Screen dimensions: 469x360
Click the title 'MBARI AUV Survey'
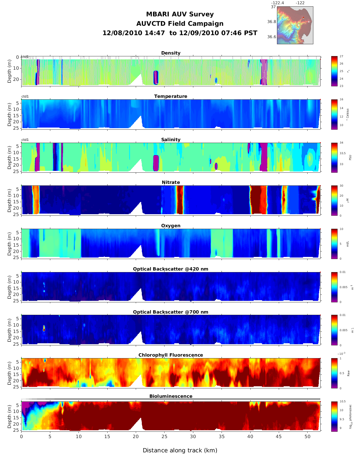point(180,14)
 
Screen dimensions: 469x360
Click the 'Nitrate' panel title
point(171,182)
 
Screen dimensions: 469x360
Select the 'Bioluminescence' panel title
point(171,396)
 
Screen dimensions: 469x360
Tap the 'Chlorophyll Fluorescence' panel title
point(171,355)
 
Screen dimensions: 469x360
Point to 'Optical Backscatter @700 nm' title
point(171,312)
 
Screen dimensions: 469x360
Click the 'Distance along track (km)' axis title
point(180,450)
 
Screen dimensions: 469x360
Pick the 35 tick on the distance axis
point(222,437)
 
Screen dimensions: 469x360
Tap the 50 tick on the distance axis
point(307,437)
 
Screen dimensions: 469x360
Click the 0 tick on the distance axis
point(21,437)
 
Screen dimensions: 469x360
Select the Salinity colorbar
point(334,158)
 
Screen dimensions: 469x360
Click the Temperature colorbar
point(334,114)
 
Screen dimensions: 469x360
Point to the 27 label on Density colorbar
point(341,56)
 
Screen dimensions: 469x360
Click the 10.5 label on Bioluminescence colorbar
point(342,401)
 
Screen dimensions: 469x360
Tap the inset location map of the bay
point(295,25)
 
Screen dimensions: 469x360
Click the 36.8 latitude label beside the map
point(272,22)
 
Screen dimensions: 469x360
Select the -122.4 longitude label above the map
point(277,3)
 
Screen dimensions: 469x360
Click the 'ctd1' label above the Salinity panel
point(25,140)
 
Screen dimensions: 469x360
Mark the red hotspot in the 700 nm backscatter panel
point(44,329)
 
